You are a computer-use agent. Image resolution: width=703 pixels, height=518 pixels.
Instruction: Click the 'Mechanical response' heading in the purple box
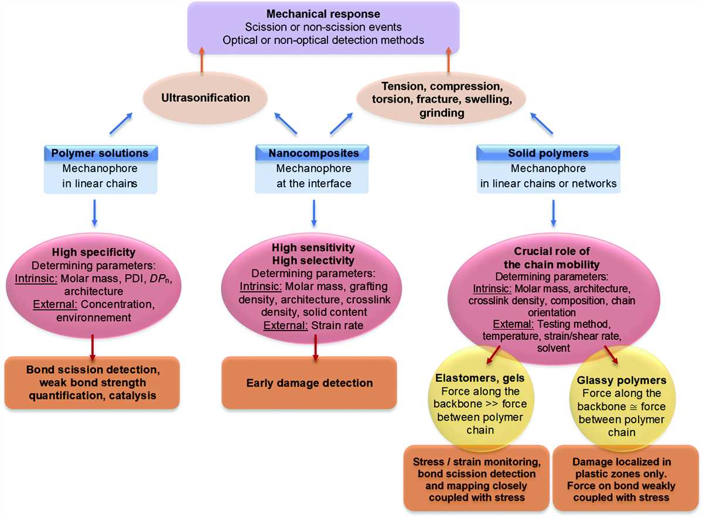coord(323,14)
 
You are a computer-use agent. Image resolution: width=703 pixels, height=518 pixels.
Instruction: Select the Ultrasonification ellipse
coord(205,98)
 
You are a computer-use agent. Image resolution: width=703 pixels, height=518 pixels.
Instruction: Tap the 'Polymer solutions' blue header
coord(100,153)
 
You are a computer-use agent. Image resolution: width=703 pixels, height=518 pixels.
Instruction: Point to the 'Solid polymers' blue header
coord(548,153)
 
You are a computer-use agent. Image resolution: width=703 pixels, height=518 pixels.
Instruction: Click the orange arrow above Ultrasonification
coord(202,60)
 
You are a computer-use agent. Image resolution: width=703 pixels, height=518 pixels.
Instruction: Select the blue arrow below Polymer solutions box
coord(94,213)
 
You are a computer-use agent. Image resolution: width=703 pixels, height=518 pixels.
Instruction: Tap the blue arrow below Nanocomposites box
coord(314,213)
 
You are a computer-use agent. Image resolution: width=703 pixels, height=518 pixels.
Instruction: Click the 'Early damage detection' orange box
coord(309,383)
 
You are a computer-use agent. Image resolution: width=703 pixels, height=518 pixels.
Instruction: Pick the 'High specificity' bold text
coord(94,252)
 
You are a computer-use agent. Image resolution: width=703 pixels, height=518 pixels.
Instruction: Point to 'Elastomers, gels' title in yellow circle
coord(480,378)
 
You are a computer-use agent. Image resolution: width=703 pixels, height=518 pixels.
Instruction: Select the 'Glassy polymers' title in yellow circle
coord(622,380)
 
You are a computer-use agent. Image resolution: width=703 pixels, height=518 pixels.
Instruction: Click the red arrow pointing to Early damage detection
coord(315,347)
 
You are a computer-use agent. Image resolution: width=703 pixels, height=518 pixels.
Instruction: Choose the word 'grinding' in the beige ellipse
coord(442,113)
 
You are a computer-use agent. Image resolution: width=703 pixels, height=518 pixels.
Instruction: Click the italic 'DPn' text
coord(160,279)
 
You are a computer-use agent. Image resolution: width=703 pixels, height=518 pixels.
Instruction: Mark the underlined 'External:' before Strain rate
coord(285,326)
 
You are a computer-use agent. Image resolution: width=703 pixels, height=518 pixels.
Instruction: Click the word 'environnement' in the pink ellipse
coord(94,318)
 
